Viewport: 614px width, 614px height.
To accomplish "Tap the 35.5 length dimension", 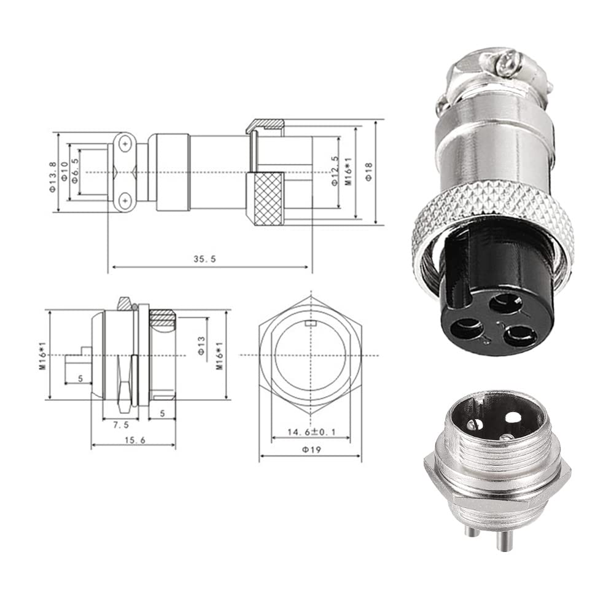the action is tap(205, 259).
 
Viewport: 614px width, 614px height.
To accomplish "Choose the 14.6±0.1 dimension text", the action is tap(312, 432).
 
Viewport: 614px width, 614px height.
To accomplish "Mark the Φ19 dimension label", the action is tap(311, 450).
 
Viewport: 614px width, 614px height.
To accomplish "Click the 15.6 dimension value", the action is tap(134, 440).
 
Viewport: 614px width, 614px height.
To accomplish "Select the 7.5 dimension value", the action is tap(120, 425).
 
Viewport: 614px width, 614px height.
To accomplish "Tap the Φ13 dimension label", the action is tap(201, 346).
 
